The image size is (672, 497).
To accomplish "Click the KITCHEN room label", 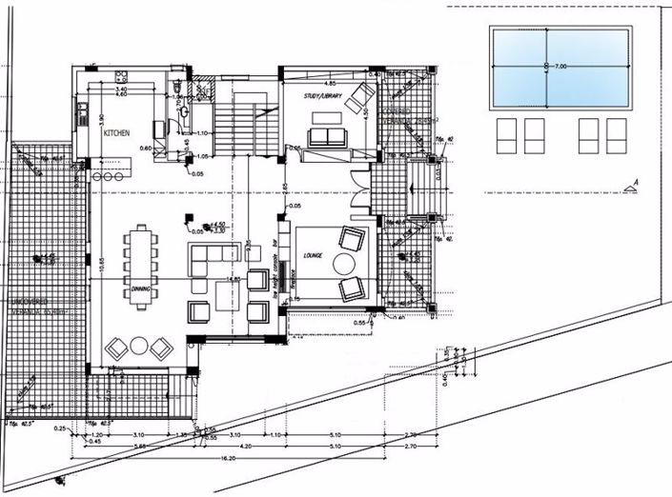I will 116,133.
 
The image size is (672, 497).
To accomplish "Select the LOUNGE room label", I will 312,255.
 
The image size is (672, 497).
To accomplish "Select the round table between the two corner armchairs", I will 139,345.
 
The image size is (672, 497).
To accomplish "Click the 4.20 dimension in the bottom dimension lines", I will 245,446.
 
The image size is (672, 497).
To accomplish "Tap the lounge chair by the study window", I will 360,96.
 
